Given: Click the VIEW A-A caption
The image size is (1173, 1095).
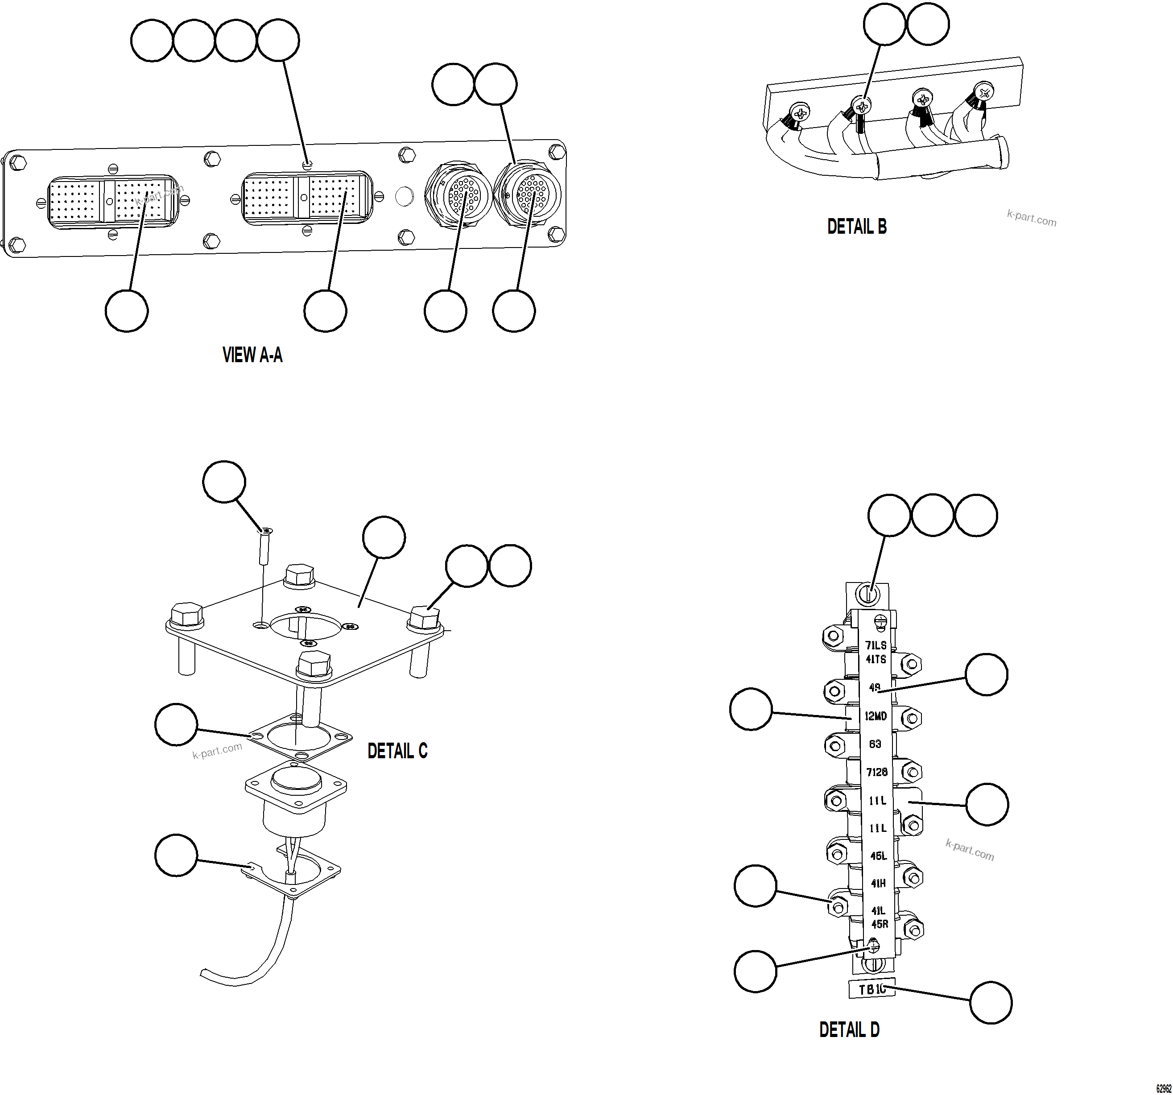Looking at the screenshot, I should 252,355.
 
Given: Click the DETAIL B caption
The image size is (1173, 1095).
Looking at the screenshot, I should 856,227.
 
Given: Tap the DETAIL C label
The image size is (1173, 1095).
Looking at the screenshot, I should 397,751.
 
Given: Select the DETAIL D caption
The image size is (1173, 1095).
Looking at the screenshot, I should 849,1029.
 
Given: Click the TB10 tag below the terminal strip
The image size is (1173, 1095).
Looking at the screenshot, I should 871,989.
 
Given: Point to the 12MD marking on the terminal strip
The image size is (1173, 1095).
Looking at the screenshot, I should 876,716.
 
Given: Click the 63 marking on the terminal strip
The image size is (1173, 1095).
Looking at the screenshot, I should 875,744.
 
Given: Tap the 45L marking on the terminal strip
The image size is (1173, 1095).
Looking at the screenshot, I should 878,855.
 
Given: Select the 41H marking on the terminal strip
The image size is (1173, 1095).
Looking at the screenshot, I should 878,883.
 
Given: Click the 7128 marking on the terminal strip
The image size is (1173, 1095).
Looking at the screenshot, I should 877,772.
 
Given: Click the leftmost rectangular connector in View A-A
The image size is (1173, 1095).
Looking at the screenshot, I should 111,201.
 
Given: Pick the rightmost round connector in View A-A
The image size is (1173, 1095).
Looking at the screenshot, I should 528,194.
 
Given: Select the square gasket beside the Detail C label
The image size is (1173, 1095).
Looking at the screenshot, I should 301,737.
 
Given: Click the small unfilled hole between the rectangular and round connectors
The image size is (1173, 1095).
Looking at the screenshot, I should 404,196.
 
